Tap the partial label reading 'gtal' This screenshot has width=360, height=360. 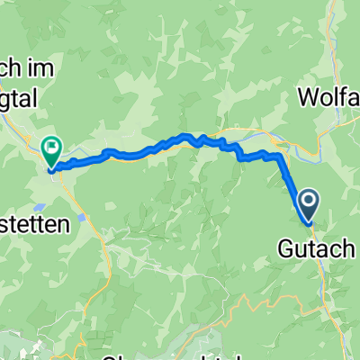[22, 103]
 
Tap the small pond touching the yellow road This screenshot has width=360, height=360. [84, 216]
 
